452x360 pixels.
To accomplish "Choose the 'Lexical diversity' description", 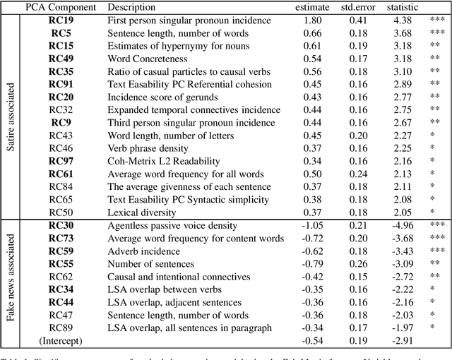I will click(139, 212).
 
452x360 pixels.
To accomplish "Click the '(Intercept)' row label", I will click(61, 342).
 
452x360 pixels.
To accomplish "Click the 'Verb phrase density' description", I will click(148, 148).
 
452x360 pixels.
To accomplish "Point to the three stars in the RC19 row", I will click(436, 22).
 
